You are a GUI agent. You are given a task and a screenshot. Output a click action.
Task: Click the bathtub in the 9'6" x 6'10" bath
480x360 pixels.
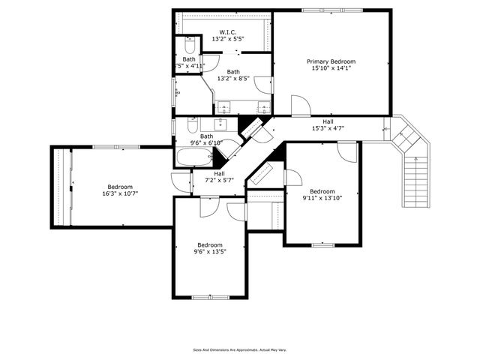coord(195,157)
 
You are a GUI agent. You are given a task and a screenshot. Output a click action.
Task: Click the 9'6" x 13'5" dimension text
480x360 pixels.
coord(210,252)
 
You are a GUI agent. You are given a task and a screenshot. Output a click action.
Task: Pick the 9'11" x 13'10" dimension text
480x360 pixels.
coord(322,198)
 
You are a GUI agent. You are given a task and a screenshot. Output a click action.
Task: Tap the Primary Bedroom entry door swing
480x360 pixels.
coord(298,106)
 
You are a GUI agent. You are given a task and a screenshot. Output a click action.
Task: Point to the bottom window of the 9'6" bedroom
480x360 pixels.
coord(210,298)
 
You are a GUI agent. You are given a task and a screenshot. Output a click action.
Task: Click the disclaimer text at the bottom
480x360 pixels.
coord(240,349)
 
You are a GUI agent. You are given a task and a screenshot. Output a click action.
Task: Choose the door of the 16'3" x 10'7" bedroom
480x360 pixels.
coord(180,182)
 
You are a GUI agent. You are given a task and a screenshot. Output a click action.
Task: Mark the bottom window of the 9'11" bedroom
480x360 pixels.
coord(322,244)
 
